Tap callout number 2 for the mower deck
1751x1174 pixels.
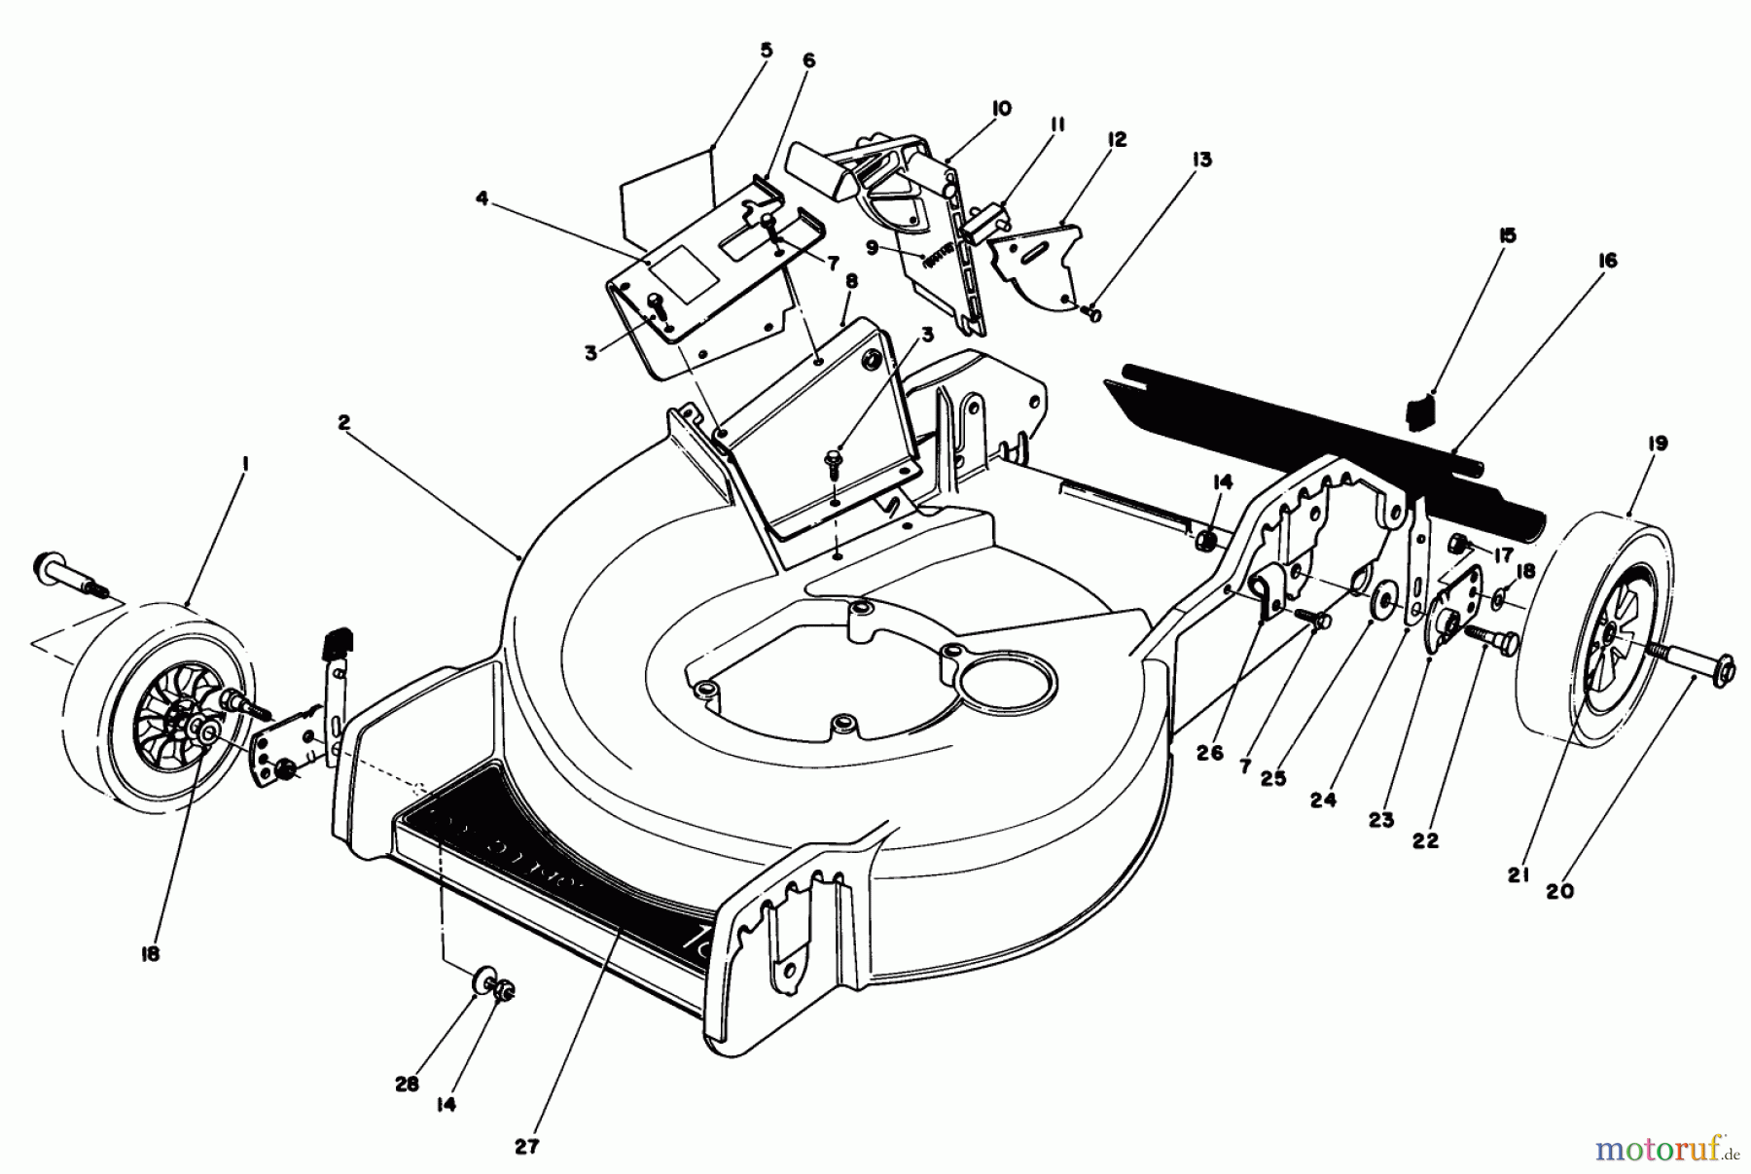343,422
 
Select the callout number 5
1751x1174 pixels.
767,50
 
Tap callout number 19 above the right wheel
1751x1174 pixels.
1658,444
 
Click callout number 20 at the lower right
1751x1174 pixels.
1565,890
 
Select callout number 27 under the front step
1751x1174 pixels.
526,1146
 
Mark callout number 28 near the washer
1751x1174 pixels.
407,1084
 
